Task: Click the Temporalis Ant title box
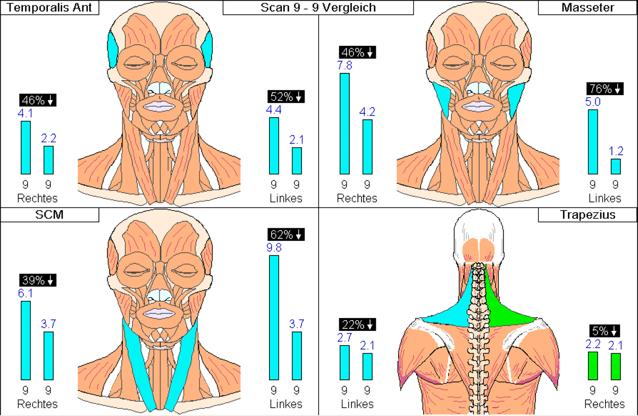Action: pos(49,7)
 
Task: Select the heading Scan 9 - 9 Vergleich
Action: pos(318,7)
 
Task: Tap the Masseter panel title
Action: pos(587,7)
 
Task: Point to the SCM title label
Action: pos(49,214)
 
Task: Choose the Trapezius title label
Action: pos(587,214)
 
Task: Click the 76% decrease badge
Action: pos(605,89)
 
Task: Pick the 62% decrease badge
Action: pos(286,235)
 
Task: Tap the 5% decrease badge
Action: pos(605,331)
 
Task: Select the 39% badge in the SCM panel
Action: pos(38,280)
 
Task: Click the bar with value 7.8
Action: pos(345,123)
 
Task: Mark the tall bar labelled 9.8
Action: pos(274,318)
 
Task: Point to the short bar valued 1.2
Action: pos(616,167)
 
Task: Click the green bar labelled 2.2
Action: pos(593,366)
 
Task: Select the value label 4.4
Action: pos(274,110)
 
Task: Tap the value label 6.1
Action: pos(26,294)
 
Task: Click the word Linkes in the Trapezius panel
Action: pos(357,404)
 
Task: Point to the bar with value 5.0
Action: pos(593,142)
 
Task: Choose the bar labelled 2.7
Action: pos(345,363)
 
